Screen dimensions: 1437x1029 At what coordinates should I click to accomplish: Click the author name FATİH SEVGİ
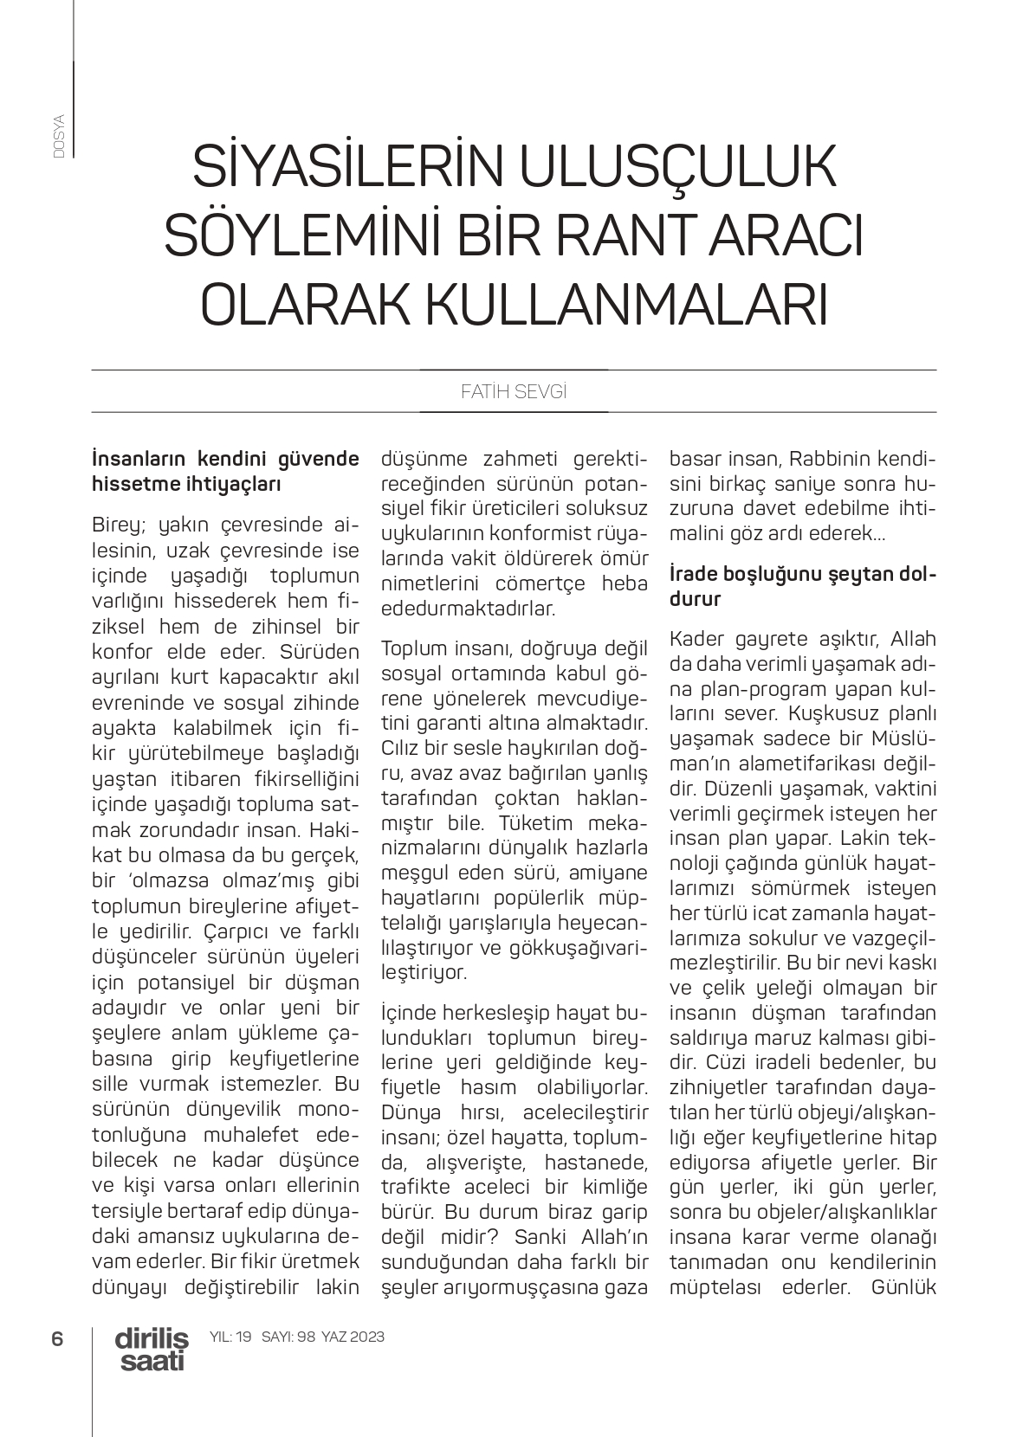click(x=514, y=391)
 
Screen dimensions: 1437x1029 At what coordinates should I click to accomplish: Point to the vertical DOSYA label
click(x=59, y=135)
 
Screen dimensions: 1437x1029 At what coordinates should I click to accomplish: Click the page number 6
click(x=58, y=1338)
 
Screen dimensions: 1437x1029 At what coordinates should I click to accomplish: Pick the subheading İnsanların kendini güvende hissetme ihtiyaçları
click(x=225, y=471)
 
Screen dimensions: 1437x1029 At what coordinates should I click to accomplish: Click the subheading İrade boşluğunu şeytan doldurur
click(x=803, y=586)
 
